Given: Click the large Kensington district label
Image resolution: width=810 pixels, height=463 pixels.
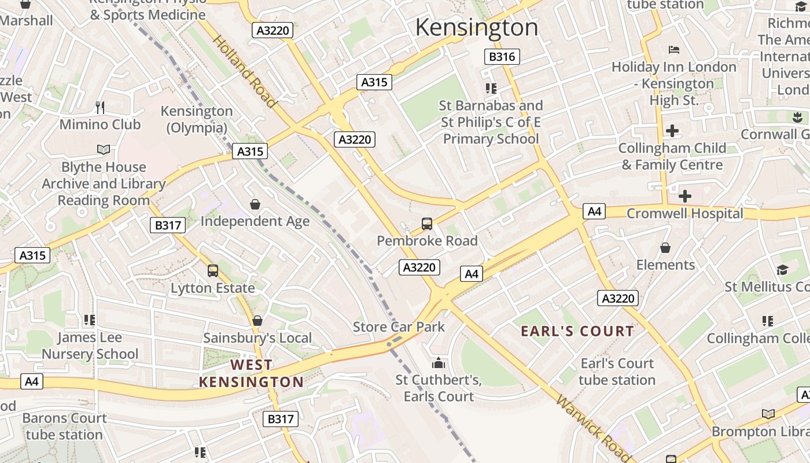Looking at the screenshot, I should coord(477,27).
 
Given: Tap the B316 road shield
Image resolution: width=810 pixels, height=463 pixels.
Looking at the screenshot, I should coord(502,56).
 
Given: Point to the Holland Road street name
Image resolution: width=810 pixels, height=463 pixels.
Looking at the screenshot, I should coord(244,71).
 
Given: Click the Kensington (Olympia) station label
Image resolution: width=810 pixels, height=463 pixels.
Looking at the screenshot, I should coord(197,119).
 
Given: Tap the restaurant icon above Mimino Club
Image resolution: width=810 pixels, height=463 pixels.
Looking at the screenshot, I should coord(100,107).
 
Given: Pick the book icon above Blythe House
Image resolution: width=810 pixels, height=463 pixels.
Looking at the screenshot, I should coord(104,150).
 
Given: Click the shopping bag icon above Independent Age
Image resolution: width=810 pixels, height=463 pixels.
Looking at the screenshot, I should coord(255,204).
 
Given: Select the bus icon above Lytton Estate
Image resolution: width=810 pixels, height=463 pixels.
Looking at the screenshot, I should coord(213,270).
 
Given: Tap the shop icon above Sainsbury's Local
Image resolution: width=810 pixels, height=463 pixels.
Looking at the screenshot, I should coord(257,321).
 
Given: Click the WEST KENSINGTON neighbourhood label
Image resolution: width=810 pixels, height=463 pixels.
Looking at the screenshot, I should coord(251,373).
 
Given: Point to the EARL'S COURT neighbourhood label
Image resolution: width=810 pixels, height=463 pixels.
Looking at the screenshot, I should coord(577,331).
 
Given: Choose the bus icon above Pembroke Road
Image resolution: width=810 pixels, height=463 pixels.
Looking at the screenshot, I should coord(427,223).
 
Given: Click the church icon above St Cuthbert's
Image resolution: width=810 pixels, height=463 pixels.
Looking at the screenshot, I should coord(439,363).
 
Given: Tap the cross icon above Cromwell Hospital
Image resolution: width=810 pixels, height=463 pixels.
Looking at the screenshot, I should coord(685,196).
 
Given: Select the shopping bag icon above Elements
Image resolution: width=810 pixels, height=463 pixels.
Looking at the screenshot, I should coord(665,248).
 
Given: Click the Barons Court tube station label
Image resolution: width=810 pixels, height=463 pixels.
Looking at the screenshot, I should coord(64,426).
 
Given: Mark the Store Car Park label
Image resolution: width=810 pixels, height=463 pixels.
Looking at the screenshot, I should coord(399,326).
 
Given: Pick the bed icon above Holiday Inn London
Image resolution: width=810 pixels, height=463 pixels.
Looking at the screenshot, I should coord(674,50).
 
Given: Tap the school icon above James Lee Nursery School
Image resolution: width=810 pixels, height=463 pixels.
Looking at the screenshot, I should coord(89,319).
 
